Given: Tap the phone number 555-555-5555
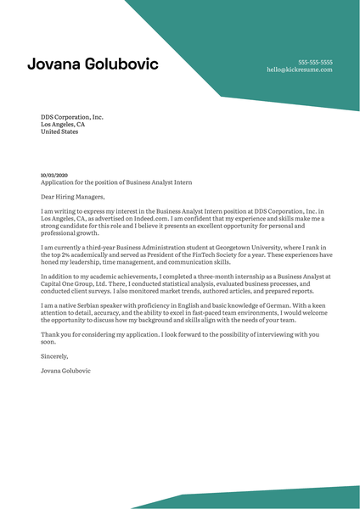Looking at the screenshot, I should (315, 62).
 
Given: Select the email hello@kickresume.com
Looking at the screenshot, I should (300, 70).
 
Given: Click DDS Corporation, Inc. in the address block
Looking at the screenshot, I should (72, 117).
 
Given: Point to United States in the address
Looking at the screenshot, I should (59, 132).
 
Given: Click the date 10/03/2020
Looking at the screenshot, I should (53, 175).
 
